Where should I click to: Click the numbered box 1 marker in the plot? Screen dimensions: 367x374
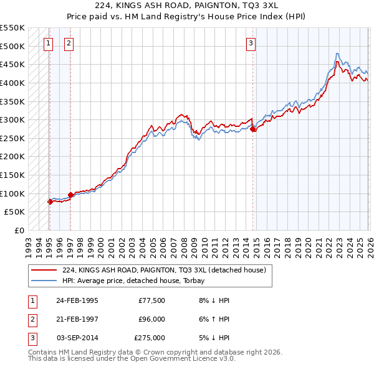(x=49, y=43)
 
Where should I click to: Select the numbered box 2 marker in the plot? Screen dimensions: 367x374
(x=68, y=43)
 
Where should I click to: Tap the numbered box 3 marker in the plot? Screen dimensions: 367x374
(x=251, y=43)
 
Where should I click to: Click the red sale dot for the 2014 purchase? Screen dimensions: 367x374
(x=253, y=129)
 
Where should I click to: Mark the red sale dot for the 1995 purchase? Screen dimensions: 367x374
(x=50, y=202)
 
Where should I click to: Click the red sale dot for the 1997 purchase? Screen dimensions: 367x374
(x=70, y=195)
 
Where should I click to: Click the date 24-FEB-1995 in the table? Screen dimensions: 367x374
(x=77, y=300)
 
